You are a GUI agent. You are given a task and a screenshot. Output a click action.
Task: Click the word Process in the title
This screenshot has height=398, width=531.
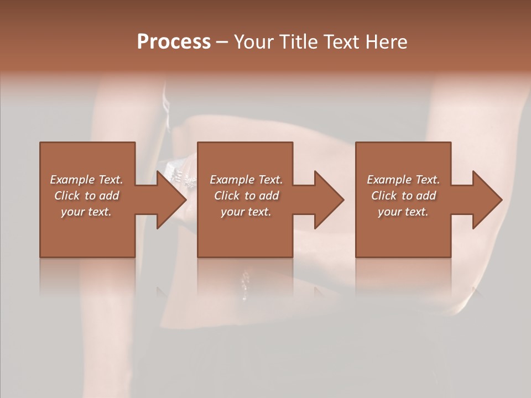point(174,42)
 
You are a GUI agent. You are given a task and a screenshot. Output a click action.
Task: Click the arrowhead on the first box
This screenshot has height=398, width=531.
point(171,200)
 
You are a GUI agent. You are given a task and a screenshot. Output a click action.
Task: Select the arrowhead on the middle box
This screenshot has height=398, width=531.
point(329,200)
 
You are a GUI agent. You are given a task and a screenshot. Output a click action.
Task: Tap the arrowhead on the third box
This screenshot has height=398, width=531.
point(487,200)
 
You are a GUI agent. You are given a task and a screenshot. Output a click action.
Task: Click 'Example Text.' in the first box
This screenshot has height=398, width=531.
point(86,180)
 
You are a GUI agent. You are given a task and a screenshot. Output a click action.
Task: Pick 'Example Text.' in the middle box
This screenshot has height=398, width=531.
point(246,180)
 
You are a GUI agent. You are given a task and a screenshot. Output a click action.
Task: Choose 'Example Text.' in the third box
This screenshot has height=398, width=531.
point(403,180)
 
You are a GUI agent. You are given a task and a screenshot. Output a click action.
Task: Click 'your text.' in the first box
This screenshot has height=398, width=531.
point(86,212)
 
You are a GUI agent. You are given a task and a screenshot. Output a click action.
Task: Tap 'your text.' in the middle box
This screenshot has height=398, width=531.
point(246,212)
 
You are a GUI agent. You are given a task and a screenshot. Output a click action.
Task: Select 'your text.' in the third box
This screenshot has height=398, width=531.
point(403,212)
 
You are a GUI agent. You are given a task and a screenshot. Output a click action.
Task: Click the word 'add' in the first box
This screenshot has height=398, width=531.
point(110,196)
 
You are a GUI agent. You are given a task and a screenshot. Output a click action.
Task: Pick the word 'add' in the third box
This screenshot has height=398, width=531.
point(427,196)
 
